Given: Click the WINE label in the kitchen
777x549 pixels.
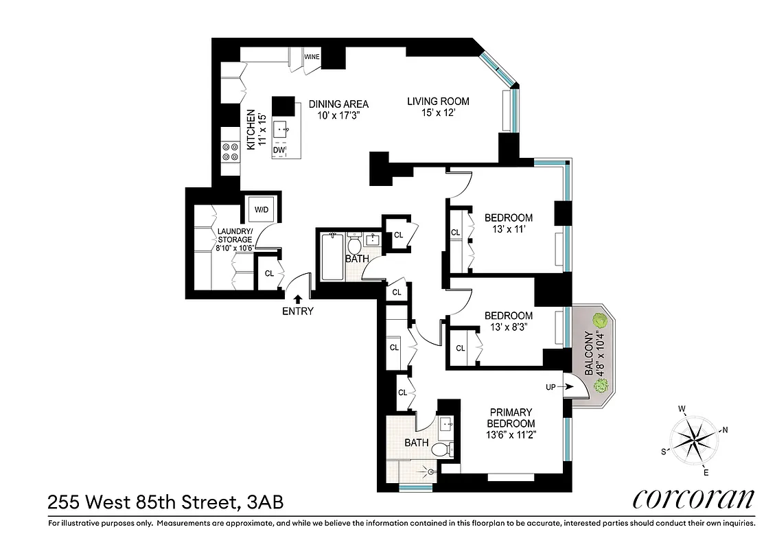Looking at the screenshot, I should [x=312, y=57].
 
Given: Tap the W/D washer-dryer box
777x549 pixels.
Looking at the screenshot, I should [x=262, y=209].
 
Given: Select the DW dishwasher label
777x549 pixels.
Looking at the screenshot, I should [x=279, y=150].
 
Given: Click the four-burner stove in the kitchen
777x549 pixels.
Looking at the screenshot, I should [x=229, y=152].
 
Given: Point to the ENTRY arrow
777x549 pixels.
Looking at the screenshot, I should [x=298, y=299].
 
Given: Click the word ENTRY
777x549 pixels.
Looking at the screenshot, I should [x=298, y=311].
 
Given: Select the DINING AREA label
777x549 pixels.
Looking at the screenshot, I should [x=338, y=104].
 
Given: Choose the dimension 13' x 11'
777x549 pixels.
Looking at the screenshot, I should [x=509, y=229].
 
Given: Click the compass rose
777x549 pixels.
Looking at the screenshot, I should [x=695, y=439].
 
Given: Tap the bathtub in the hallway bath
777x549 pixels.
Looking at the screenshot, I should [x=332, y=257].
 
